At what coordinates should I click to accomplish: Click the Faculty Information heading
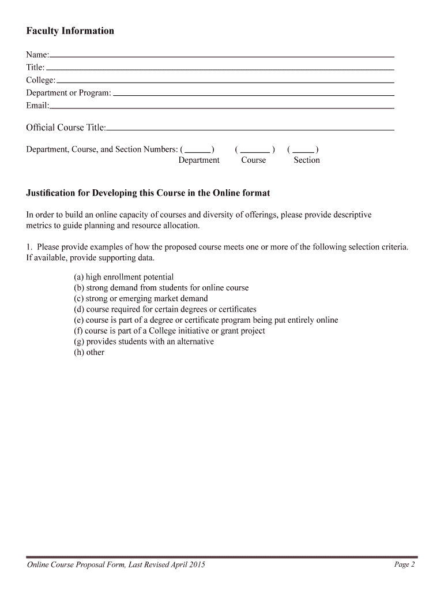(x=70, y=31)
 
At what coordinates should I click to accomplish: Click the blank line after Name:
(x=222, y=57)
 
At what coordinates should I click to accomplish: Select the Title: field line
(x=220, y=69)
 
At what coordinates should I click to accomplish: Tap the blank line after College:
(x=225, y=82)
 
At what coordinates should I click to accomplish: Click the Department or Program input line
(x=254, y=95)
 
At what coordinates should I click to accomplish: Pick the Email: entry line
(x=222, y=107)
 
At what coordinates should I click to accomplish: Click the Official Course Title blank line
(x=250, y=129)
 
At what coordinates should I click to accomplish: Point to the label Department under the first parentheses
(x=199, y=160)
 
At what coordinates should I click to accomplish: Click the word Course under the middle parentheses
(x=254, y=160)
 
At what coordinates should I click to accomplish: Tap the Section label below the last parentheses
(x=306, y=160)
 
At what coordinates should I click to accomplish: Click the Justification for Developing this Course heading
(x=148, y=193)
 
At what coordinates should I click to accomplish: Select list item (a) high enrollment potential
(x=123, y=277)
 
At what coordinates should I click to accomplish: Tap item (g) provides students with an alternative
(x=144, y=342)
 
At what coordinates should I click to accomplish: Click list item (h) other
(x=89, y=352)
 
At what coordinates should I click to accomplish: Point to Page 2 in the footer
(x=404, y=564)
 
